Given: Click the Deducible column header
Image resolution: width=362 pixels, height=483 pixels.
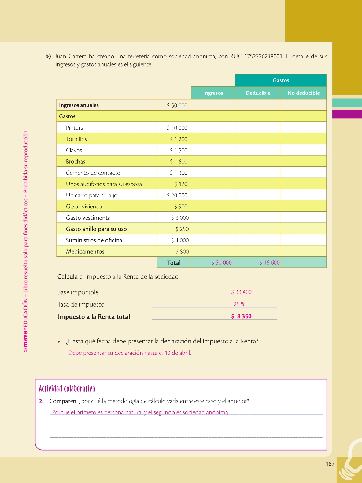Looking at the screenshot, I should coord(258,93).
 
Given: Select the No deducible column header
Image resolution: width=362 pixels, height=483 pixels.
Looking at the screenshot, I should coord(304,93).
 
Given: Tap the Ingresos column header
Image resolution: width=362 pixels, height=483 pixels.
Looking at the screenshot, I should coord(213,93).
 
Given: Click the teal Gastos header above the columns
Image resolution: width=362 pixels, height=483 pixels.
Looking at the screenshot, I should coord(281,80).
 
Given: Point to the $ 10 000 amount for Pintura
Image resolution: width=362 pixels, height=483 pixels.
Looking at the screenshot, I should coord(177,128).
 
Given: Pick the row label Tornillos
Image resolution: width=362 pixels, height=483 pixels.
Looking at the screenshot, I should coord(76,139).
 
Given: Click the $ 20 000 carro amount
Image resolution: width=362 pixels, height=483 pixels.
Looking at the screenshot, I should coord(177,195).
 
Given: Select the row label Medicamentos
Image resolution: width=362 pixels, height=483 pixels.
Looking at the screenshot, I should coord(85,251).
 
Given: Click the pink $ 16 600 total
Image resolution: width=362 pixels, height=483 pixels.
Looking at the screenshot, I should coord(269,262).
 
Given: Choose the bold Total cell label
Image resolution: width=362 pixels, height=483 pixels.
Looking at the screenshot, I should coord(174,263).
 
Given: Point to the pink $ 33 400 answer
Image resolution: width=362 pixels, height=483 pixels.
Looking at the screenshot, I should coord(241,292).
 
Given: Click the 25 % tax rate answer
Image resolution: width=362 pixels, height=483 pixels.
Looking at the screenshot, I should coord(239,304).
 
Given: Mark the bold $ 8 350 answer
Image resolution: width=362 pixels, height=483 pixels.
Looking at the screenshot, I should coord(241,316).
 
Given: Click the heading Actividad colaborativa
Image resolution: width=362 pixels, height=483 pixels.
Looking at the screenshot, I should coord(67,389).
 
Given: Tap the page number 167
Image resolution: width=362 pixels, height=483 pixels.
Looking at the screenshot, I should coord(330,464).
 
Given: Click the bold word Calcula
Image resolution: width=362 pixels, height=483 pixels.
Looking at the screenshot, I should coord(67,277).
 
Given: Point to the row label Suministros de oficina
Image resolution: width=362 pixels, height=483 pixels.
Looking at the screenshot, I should coord(94,240).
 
